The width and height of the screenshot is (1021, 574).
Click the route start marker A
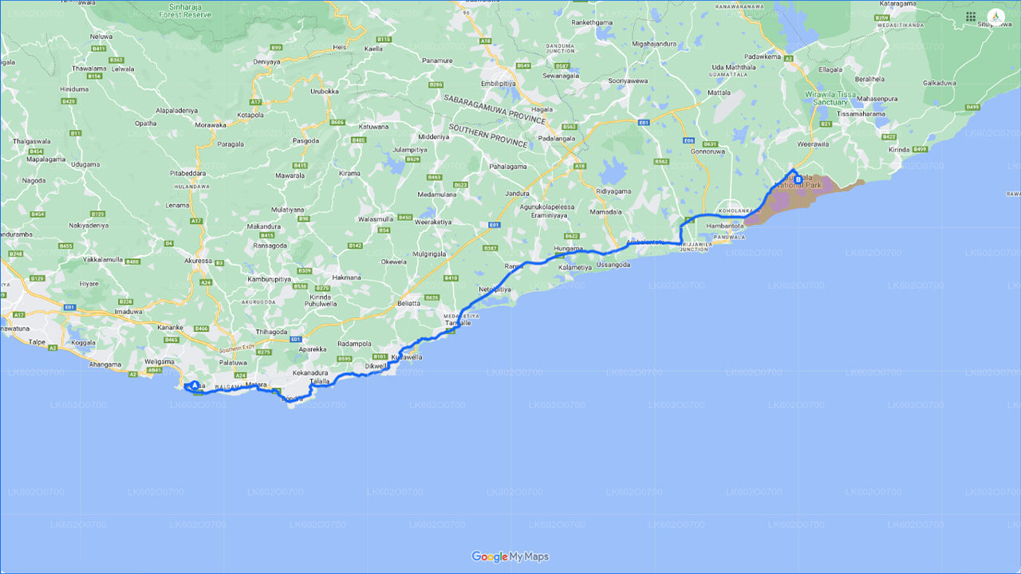pyautogui.click(x=195, y=386)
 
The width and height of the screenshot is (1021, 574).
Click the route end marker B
pyautogui.click(x=798, y=179)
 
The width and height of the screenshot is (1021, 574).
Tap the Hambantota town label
pyautogui.click(x=724, y=226)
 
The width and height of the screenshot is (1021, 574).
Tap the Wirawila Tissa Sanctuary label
pyautogui.click(x=837, y=98)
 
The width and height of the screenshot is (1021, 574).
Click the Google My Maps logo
pyautogui.click(x=510, y=556)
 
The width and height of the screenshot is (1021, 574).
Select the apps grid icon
pyautogui.click(x=971, y=17)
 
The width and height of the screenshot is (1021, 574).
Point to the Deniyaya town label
pyautogui.click(x=268, y=61)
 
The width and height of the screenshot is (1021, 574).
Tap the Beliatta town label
pyautogui.click(x=408, y=304)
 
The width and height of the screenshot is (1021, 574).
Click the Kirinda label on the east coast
pyautogui.click(x=898, y=149)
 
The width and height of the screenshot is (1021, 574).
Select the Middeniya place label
pyautogui.click(x=434, y=136)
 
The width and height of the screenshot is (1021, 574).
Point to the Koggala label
pyautogui.click(x=84, y=340)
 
